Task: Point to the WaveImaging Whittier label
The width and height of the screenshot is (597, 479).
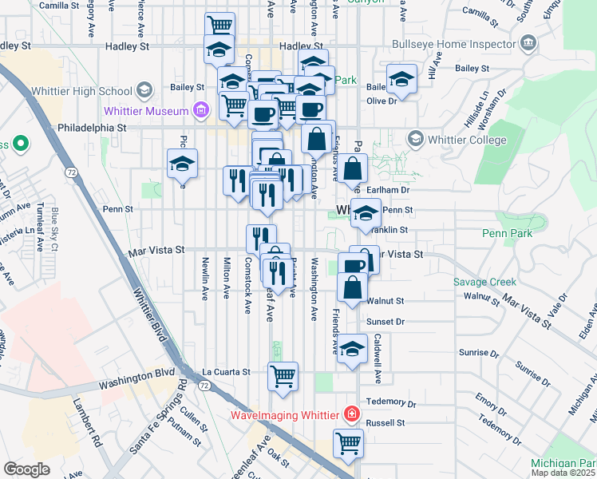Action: click(x=285, y=415)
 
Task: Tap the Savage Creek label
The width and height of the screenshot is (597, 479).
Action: click(x=484, y=282)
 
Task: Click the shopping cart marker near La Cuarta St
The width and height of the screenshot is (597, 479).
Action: click(x=283, y=375)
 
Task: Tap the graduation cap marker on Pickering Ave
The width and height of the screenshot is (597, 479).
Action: click(x=182, y=164)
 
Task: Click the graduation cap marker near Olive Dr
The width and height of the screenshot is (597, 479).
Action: click(x=402, y=78)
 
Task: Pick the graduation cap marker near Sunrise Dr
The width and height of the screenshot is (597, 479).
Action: click(x=352, y=349)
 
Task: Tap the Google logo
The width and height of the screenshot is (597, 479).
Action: click(x=26, y=469)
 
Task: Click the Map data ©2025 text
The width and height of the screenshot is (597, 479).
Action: click(x=563, y=473)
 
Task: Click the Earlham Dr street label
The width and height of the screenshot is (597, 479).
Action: click(x=390, y=190)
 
